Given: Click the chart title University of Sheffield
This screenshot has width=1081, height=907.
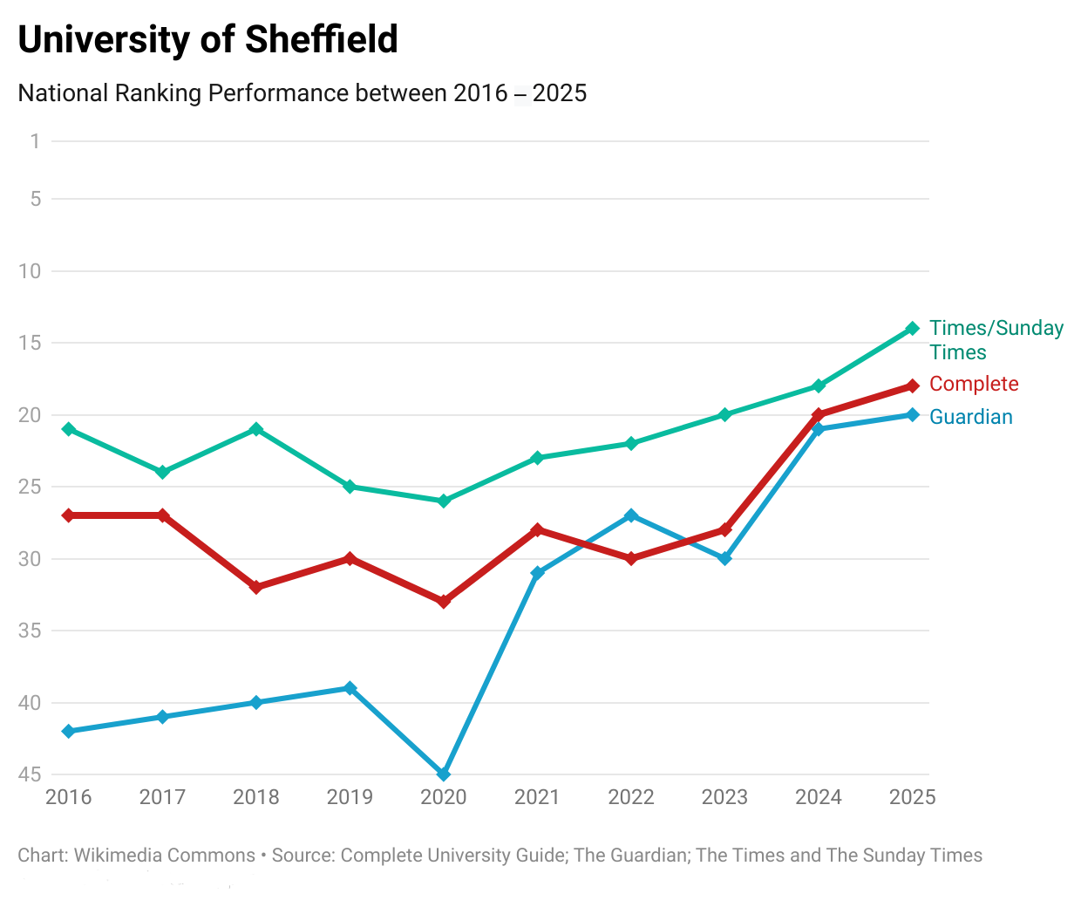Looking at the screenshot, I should tap(207, 40).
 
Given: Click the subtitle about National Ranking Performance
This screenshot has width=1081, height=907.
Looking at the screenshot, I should tap(302, 93).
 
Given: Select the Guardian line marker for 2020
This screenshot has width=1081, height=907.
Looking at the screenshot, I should tap(444, 774).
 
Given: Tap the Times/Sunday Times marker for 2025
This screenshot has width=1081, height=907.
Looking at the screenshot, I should tap(913, 329).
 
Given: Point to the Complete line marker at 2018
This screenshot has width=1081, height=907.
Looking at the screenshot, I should tap(256, 587).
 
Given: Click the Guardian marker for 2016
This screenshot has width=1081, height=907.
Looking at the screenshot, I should tap(69, 731).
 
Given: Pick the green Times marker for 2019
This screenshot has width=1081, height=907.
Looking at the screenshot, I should tap(350, 487).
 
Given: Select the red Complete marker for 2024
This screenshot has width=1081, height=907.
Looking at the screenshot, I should tap(819, 415).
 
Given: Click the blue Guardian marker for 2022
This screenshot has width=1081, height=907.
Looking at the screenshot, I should tap(631, 515).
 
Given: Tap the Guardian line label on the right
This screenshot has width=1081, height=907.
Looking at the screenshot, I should tap(970, 417).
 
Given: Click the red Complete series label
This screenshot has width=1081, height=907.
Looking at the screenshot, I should tap(973, 384).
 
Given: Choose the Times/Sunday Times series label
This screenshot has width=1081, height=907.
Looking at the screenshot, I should tap(996, 339).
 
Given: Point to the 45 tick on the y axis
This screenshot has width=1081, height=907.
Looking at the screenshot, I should tap(30, 774).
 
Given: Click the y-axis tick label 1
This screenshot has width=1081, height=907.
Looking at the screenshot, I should tap(35, 141).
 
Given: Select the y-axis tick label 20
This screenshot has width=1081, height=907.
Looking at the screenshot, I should tap(30, 415).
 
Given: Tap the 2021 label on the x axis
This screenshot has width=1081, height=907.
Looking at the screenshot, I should tap(537, 797).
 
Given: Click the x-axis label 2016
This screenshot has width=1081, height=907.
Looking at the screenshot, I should tap(69, 797).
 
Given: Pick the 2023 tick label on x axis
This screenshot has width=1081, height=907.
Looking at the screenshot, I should tap(724, 797).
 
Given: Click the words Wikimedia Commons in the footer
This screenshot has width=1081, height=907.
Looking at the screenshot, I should tap(164, 856).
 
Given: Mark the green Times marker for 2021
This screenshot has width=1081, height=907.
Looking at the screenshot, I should tap(537, 458).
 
